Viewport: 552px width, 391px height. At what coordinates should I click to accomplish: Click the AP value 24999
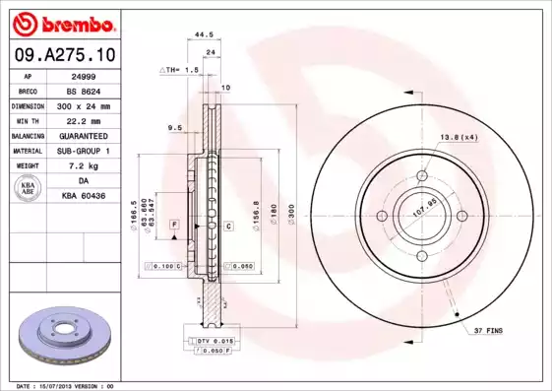coord(83,75)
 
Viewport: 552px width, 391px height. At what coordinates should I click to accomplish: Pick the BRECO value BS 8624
coord(83,90)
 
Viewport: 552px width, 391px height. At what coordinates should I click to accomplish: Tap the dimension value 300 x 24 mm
coord(83,104)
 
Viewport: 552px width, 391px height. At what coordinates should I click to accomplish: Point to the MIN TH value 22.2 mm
coord(83,119)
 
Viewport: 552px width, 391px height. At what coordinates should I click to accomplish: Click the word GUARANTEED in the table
coord(83,135)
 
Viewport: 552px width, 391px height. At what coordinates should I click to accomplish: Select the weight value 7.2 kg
coord(83,166)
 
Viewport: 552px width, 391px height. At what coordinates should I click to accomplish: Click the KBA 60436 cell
coord(83,196)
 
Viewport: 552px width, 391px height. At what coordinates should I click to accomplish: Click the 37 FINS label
coord(486,331)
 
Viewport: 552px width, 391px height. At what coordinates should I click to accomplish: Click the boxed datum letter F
coord(174,226)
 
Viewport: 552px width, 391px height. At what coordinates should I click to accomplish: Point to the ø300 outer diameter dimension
coord(291,213)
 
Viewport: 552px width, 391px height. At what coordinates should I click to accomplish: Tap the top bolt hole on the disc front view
coord(422,175)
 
